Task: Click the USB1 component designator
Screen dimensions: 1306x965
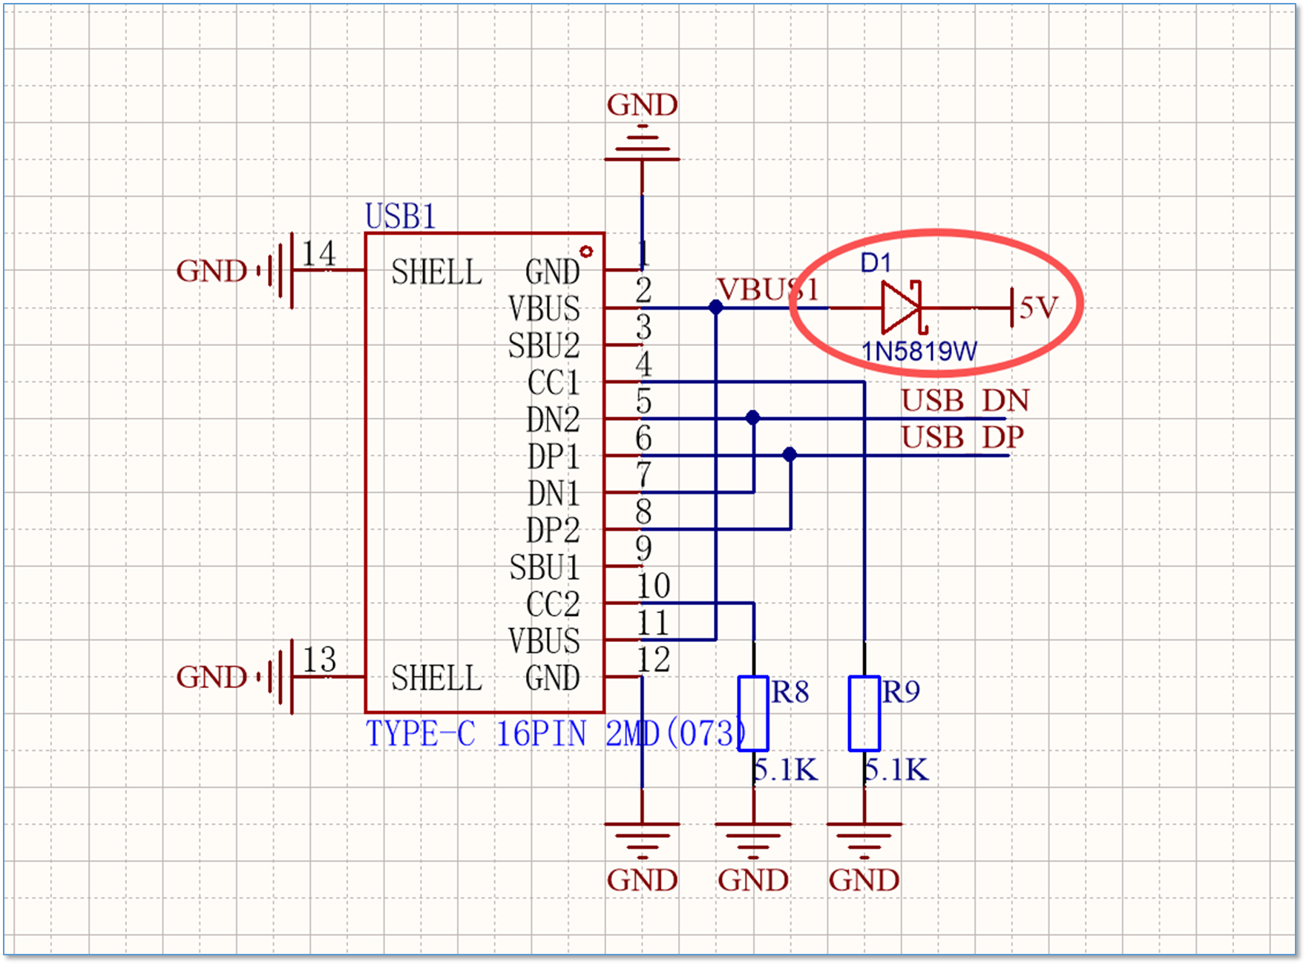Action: tap(400, 216)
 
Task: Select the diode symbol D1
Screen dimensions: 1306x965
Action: tap(902, 307)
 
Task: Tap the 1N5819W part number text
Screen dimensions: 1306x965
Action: tap(919, 350)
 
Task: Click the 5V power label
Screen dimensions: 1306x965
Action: tap(1038, 307)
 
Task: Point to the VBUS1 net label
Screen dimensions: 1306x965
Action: tap(769, 289)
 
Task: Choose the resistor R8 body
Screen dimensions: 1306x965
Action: tap(753, 713)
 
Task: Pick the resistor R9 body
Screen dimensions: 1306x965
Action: tap(864, 713)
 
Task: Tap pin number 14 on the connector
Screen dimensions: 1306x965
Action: tap(318, 254)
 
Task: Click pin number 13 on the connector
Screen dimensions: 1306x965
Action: tap(319, 659)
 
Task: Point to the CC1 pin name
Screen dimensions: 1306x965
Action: tap(554, 383)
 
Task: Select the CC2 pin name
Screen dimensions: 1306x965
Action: tap(553, 604)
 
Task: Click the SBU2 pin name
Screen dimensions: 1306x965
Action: tap(544, 346)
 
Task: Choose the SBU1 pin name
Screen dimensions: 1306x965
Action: tap(544, 568)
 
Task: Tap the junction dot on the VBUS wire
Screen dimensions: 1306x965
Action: tap(715, 307)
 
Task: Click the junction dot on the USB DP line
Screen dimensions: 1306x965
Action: tap(790, 454)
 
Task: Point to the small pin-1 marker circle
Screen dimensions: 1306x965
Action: tap(586, 252)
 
